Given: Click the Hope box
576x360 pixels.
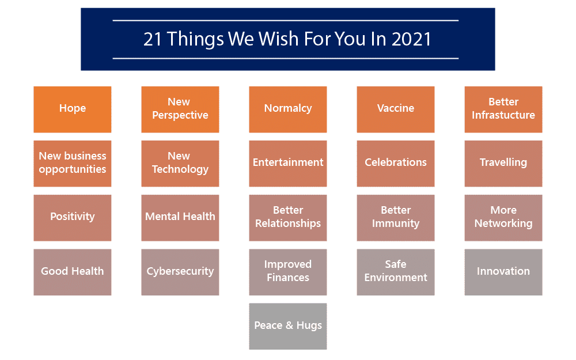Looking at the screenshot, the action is coord(73,109).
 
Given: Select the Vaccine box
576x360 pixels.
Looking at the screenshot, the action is coord(396,109).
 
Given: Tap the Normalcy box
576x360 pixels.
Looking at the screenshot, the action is coord(288,109).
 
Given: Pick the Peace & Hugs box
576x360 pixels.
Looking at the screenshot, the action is coord(288,326).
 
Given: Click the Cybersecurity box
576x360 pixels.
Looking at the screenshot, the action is coord(180,272).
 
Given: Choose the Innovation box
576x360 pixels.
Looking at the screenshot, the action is coord(503,272).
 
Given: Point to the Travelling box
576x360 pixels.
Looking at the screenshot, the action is coord(503,164).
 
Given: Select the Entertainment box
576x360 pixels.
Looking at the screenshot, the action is coord(288,164).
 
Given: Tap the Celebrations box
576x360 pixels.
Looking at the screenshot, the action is coord(396,164).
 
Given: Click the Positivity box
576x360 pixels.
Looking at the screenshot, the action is coord(73,218).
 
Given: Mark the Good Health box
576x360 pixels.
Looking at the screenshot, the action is coord(73,272).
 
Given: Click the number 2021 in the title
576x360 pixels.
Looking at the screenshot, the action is coord(411,39).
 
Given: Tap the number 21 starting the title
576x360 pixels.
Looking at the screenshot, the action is coord(153,39).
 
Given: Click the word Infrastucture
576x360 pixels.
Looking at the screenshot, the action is coord(503,115).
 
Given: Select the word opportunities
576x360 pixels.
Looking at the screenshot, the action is coord(73,169).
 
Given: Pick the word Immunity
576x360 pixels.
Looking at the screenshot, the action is coord(396,223).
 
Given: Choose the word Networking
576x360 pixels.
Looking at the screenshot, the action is coord(503,223).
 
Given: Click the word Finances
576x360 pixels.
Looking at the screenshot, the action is coord(288,278).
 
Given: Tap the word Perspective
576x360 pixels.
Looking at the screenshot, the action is coord(180,115).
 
